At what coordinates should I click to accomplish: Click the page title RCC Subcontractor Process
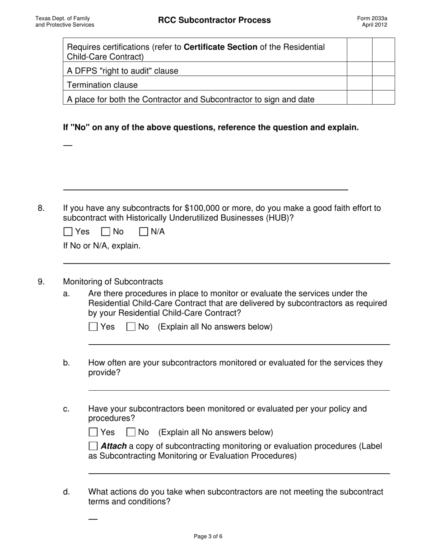pos(214,20)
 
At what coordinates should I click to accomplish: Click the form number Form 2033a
pos(372,18)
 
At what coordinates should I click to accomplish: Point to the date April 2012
pos(374,25)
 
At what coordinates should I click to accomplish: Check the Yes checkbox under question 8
pos(68,232)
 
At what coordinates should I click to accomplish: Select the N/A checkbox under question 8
pos(144,232)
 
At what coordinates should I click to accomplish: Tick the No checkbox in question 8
pos(106,232)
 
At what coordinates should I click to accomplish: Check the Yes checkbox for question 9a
pos(93,327)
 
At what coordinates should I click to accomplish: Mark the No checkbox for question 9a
pos(131,327)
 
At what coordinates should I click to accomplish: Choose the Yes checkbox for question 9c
pos(93,432)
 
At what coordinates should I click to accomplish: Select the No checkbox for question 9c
pos(131,432)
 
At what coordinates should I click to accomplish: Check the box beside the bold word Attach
pos(93,446)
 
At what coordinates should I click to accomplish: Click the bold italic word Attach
pos(114,446)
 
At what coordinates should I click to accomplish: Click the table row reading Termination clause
pos(103,85)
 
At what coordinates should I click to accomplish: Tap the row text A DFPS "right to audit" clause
pos(122,71)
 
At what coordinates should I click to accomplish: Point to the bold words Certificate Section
pos(221,47)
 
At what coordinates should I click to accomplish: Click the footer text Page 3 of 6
pos(208,536)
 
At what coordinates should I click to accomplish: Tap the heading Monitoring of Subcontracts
pos(113,282)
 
